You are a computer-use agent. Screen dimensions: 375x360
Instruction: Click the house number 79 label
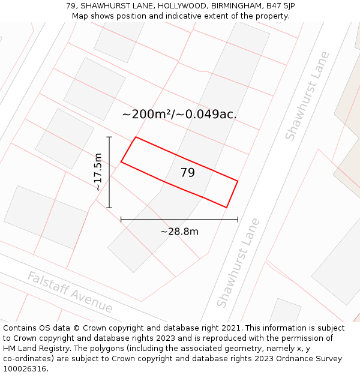pos(188,173)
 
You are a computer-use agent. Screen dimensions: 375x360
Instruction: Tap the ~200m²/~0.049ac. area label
pos(179,114)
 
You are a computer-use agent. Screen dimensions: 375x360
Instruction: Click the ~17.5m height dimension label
pos(98,172)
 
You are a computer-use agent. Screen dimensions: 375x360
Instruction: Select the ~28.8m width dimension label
pos(179,232)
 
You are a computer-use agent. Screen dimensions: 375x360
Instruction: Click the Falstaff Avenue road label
pos(70,292)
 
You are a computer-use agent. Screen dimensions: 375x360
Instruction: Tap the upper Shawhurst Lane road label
pos(307,96)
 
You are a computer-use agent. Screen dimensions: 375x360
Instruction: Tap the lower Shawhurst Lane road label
pos(238,263)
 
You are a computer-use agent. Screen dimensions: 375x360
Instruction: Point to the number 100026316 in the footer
pos(24,368)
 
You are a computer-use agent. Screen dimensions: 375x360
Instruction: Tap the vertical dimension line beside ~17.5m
pos(109,172)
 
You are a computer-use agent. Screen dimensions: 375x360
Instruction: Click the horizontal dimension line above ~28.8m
pos(179,220)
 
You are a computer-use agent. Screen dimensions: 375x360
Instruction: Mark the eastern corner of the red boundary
pos(238,181)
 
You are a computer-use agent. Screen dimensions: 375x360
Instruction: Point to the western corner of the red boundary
pos(121,161)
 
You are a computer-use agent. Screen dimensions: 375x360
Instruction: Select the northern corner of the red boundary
pos(136,137)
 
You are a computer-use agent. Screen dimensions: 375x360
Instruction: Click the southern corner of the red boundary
pos(226,208)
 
